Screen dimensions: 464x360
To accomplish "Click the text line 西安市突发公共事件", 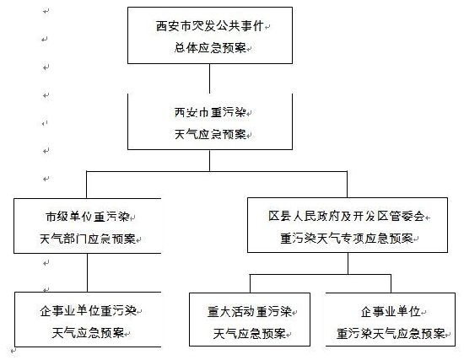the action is (x=209, y=26).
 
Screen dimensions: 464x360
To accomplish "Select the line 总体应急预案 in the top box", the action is (x=210, y=48).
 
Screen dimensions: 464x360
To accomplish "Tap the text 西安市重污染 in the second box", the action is (x=210, y=112).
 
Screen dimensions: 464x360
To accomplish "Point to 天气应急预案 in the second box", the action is (x=210, y=135).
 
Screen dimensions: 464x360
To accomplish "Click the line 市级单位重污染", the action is (x=88, y=217).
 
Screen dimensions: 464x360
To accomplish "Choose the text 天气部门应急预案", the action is (x=88, y=239).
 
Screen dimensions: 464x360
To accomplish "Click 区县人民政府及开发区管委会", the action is (x=347, y=216).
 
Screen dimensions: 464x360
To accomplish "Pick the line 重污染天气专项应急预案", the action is (x=347, y=238).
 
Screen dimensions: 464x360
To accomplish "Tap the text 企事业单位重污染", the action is (x=89, y=311).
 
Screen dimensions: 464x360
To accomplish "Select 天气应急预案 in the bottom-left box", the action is (x=88, y=333).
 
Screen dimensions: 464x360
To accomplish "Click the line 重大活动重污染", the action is (x=250, y=312).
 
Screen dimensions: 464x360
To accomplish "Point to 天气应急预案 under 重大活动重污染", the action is (x=250, y=334).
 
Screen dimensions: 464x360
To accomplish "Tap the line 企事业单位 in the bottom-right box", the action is (x=391, y=311).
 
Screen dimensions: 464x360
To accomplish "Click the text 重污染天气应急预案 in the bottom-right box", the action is (x=391, y=334).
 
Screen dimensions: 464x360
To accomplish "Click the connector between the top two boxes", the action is (x=210, y=78).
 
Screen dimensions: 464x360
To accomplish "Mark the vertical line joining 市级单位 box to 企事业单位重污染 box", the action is (x=87, y=272).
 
